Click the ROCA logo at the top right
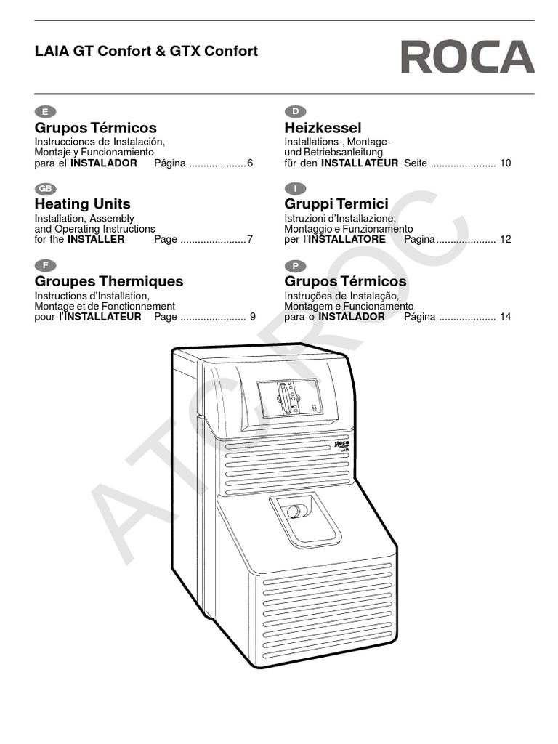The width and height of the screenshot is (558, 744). pos(467,57)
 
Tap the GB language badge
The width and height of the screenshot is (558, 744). pos(45,188)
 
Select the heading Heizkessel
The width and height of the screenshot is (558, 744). pos(323,128)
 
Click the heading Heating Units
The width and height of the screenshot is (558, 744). pos(83,204)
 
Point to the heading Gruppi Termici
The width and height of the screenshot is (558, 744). pos(336,204)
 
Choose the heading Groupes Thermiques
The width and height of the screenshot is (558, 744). pos(109,281)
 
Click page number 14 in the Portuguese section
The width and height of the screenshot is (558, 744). pos(506,317)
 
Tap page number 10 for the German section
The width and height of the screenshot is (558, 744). pos(505,163)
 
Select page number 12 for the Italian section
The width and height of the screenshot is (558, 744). pos(506,240)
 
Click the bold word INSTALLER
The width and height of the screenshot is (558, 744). pos(96,240)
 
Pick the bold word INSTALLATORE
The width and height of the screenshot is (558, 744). pos(350,240)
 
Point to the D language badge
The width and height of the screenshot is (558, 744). pos(295,111)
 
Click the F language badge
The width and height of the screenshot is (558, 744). pos(45,265)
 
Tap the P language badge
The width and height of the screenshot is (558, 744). pos(295,265)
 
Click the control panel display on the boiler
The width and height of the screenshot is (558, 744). pos(288,397)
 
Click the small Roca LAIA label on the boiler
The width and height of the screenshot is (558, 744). pos(342,445)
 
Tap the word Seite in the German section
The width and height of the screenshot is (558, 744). pos(416,163)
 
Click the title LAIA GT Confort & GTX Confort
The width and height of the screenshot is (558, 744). pos(146,52)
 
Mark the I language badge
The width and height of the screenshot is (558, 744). pos(295,188)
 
